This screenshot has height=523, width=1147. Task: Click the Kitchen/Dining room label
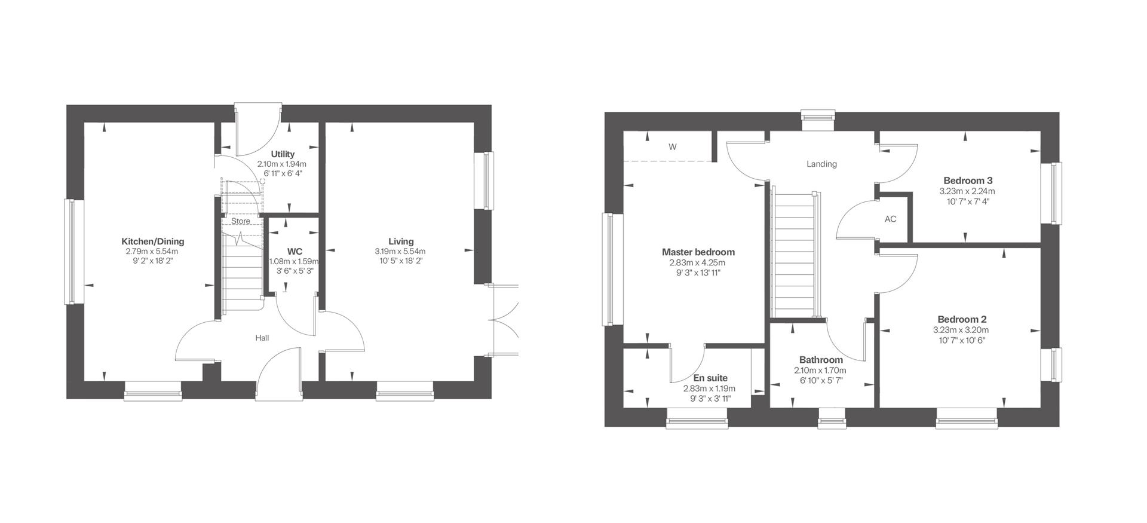(x=152, y=241)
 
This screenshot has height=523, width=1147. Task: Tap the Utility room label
(x=282, y=154)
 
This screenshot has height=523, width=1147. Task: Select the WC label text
(x=295, y=252)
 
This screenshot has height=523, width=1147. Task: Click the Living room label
(x=400, y=241)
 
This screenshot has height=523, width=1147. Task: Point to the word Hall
(x=262, y=338)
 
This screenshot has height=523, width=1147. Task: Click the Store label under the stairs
(x=241, y=221)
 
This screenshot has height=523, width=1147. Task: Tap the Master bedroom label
(x=698, y=252)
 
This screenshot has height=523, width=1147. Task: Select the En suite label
(x=710, y=378)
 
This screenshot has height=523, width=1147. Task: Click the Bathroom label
(x=821, y=360)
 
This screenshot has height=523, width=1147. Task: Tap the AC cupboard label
(x=890, y=219)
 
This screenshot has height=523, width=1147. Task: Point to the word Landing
(x=821, y=164)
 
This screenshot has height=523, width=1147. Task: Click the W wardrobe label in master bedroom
(x=672, y=147)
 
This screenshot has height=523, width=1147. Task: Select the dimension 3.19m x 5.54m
(x=400, y=252)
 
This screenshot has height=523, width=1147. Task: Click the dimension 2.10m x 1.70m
(x=821, y=371)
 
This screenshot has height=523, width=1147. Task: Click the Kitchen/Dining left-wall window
(x=70, y=252)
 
